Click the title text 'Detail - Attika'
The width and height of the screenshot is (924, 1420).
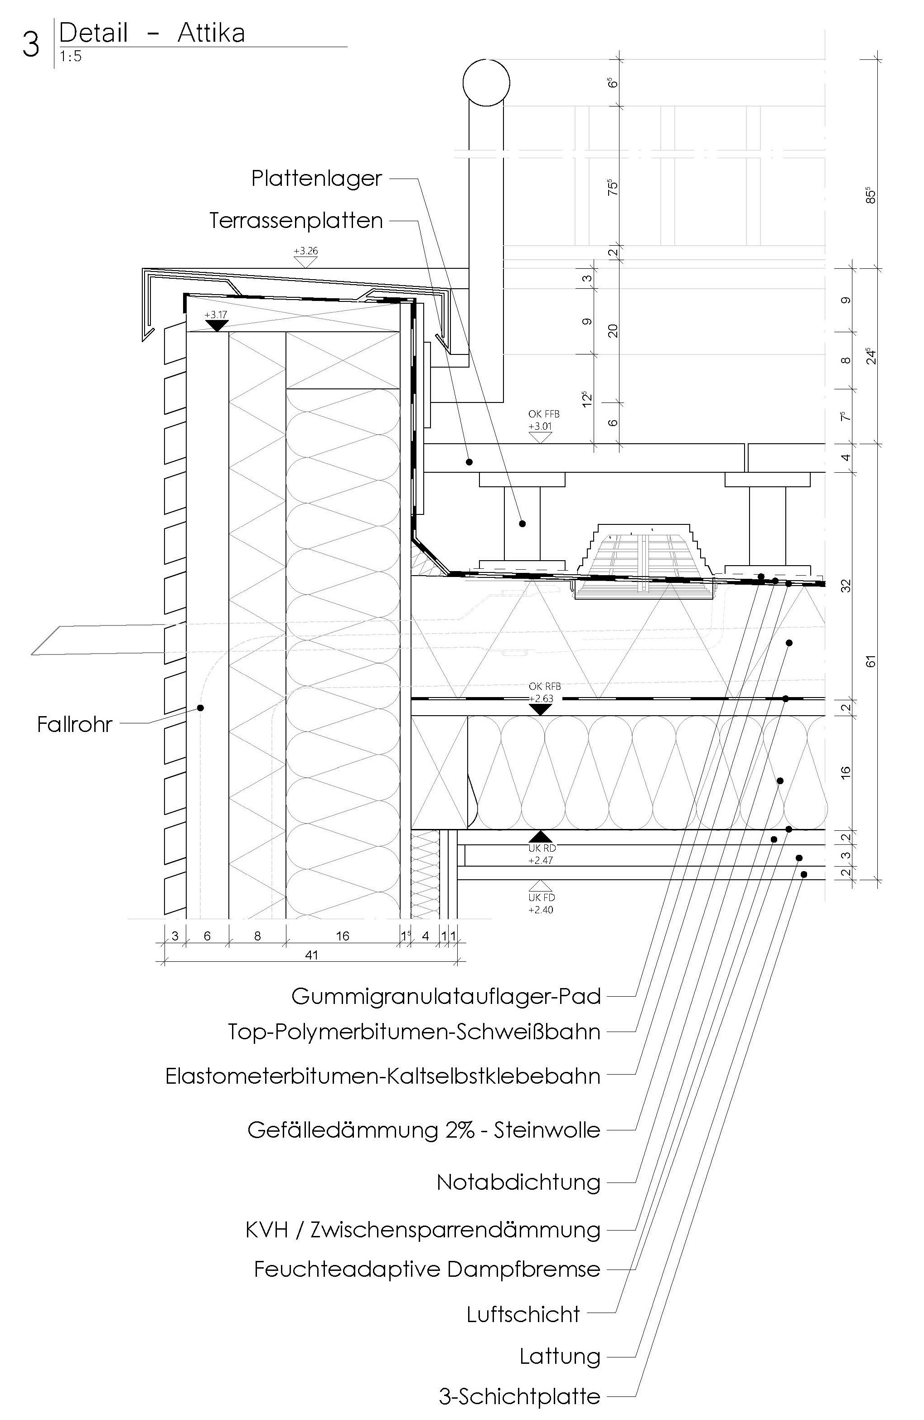point(152,33)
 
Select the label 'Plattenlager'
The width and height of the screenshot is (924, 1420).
point(316,179)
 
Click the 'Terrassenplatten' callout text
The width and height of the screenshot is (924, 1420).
point(296,221)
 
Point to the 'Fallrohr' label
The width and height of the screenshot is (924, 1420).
point(75,725)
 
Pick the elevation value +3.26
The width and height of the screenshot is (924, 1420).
point(305,251)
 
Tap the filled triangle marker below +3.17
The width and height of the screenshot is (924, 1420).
point(217,326)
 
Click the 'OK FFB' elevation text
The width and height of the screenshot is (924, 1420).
point(543,413)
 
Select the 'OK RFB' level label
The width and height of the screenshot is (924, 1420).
point(544,687)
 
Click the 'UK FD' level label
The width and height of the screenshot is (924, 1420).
point(541,897)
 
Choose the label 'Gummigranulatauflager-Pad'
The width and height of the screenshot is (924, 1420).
point(445,996)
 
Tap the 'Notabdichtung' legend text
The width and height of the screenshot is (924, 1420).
point(518,1182)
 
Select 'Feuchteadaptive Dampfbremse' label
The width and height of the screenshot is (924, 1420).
point(426,1269)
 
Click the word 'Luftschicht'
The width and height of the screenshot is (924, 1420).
point(523,1314)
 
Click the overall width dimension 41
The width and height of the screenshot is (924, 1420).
point(311,955)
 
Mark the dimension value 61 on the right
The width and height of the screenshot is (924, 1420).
point(871,661)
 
